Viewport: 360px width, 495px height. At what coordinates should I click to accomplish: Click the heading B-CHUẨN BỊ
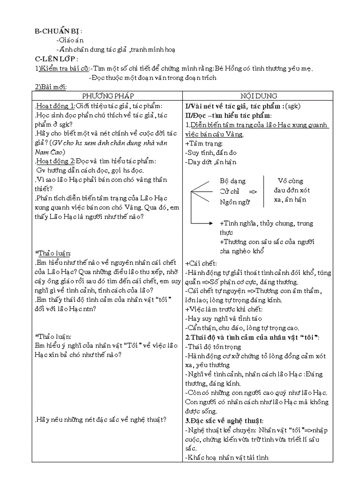(58, 31)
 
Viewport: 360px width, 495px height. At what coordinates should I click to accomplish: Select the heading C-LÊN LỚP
(56, 59)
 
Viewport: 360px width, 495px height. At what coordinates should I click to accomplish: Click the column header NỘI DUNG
(259, 96)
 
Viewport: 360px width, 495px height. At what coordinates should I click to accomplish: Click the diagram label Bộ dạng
(232, 181)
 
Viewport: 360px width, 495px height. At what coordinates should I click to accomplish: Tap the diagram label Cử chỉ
(229, 191)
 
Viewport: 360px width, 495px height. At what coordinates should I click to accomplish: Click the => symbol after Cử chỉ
(253, 191)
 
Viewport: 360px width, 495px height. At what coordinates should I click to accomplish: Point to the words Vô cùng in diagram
(290, 181)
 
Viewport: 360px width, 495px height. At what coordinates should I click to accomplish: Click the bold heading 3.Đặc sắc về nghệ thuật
(224, 421)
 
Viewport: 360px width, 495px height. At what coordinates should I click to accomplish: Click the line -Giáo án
(70, 40)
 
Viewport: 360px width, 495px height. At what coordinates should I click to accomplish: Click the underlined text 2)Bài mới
(50, 87)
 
